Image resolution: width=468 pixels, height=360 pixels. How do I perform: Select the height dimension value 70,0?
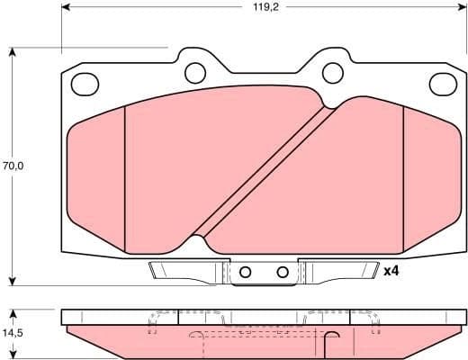tap(13, 166)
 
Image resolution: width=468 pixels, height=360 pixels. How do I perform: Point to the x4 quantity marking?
tap(391, 271)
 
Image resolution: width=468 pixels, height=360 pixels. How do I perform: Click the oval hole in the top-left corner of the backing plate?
tap(85, 84)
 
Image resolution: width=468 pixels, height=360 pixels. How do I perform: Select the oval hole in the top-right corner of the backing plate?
tap(443, 84)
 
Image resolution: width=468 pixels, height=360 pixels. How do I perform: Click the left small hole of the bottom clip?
tap(246, 272)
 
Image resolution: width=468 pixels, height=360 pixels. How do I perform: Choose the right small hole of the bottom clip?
tap(282, 272)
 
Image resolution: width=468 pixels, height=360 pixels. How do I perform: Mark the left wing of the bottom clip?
tap(180, 270)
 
